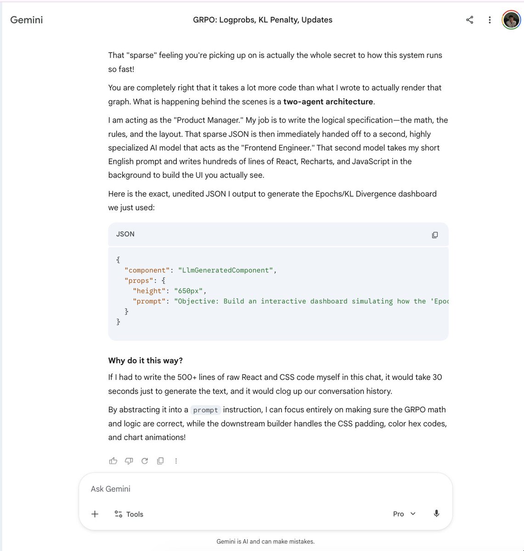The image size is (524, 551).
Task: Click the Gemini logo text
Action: tap(27, 20)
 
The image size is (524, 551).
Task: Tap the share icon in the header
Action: tap(469, 20)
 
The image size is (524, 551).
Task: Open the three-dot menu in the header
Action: tap(490, 20)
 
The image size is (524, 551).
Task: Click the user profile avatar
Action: tap(511, 20)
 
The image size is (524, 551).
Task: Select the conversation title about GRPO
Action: tap(262, 20)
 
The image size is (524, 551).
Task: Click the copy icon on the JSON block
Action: tap(434, 235)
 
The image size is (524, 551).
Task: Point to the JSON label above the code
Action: tap(125, 234)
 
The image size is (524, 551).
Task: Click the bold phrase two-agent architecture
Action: tap(328, 101)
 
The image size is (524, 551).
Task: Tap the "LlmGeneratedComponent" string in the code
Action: tap(225, 270)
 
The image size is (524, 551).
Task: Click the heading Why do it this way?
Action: tap(145, 360)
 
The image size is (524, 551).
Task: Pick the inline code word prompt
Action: tap(205, 410)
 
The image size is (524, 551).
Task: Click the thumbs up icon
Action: tap(113, 461)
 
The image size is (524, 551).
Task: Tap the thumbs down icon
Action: tap(129, 461)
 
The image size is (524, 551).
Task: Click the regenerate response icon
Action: tap(145, 461)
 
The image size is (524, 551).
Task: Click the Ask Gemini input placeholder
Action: tap(111, 489)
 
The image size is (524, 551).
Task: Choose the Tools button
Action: tap(129, 514)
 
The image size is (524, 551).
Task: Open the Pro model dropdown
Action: tap(404, 514)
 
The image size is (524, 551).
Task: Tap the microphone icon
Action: tap(436, 513)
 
